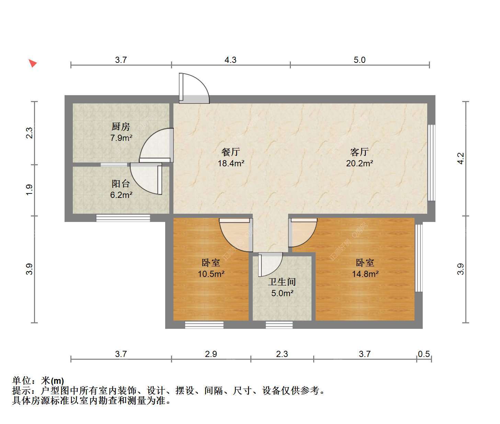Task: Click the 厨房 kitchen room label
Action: pos(121,126)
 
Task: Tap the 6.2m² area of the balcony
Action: pos(121,195)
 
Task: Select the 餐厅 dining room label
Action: pos(231,152)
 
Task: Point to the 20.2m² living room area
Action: pos(360,163)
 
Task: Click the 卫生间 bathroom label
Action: pos(282,282)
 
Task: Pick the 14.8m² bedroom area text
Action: pos(365,274)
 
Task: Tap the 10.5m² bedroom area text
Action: pos(211,274)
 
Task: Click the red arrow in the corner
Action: pos(33,63)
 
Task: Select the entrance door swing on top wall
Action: pos(194,88)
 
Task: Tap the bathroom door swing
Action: pos(270,265)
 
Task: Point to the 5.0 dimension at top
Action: pos(360,60)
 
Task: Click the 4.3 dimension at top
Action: pos(230,60)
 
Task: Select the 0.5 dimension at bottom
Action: pos(424,354)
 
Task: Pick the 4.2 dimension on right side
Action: pos(461,158)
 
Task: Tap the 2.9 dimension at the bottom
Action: pos(211,354)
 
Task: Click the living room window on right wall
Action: pos(431,163)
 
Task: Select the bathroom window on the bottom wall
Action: pos(279,325)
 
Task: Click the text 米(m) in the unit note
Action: pos(52,381)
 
